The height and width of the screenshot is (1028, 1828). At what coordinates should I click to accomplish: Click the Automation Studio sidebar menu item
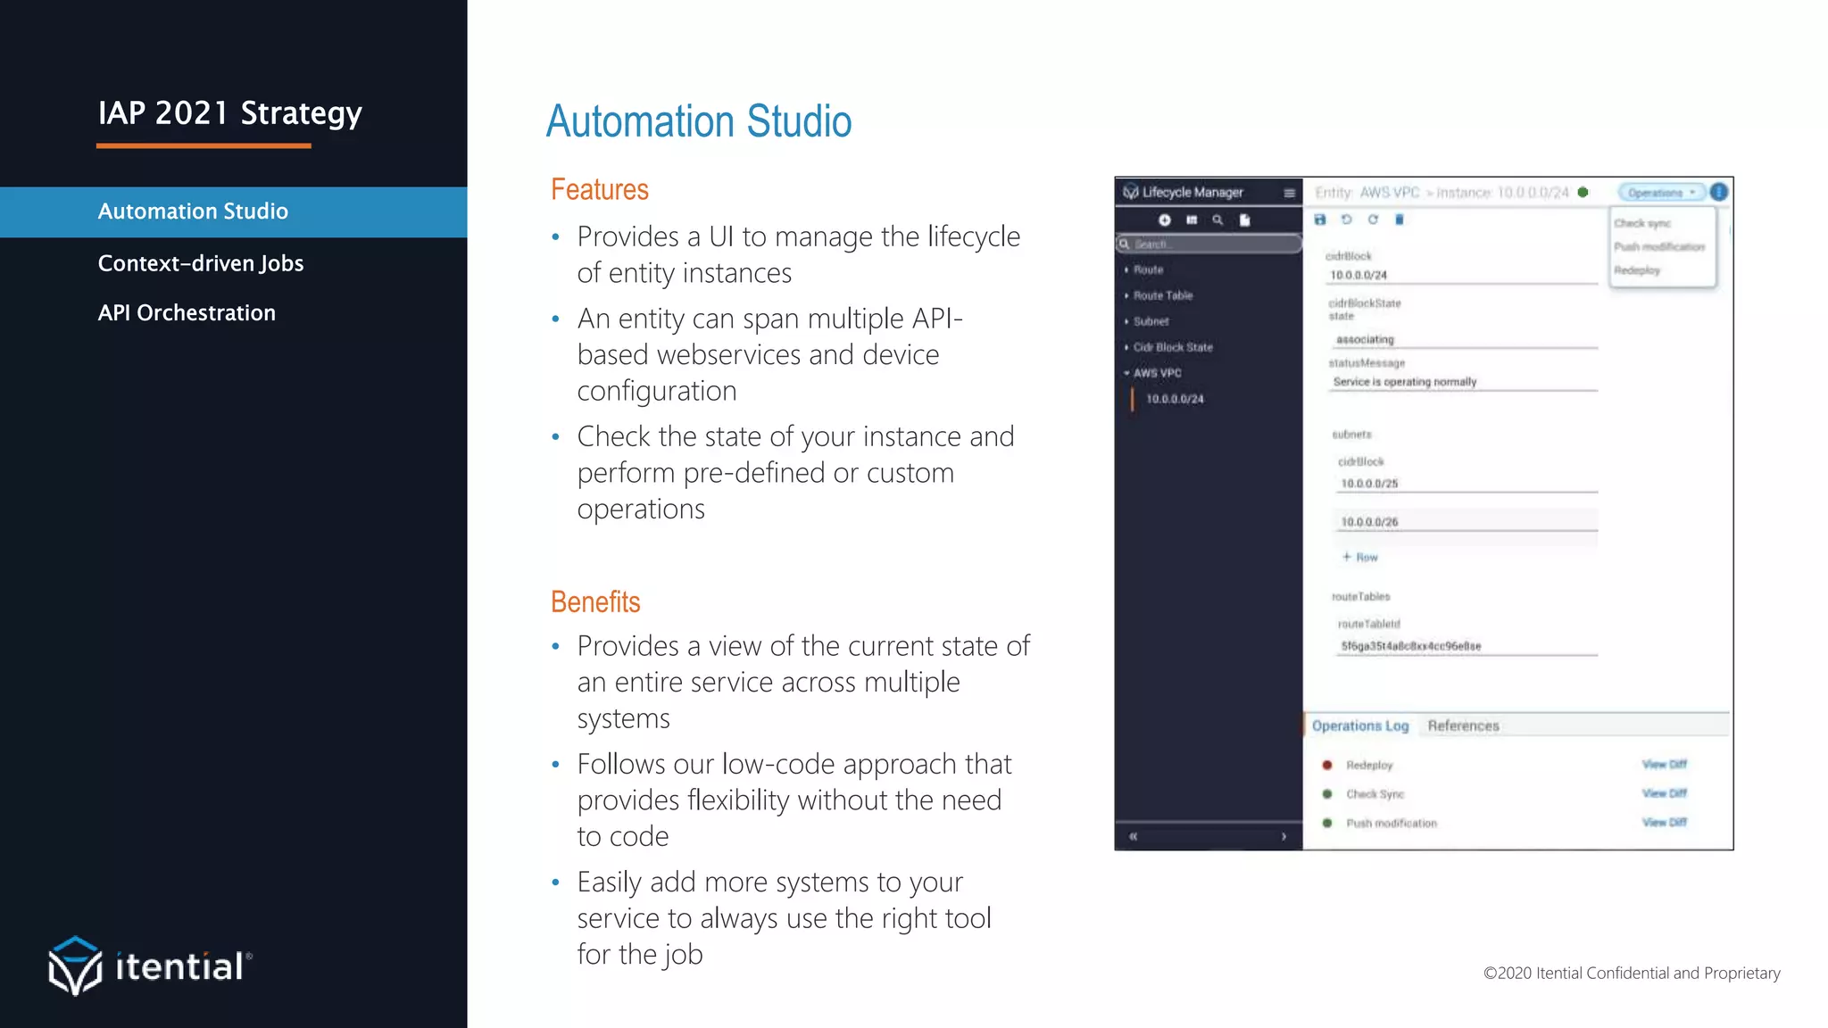[x=193, y=211]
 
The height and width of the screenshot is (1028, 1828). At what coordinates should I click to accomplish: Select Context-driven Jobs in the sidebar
[x=201, y=263]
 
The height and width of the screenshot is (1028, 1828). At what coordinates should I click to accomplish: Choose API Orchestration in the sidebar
[x=187, y=313]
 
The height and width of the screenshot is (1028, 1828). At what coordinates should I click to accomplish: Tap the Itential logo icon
[x=75, y=966]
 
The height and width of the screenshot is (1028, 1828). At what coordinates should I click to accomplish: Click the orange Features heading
[x=599, y=190]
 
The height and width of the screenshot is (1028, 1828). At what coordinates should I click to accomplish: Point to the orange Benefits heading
[x=595, y=602]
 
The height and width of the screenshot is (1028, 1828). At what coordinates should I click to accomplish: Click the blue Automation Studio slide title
[x=699, y=121]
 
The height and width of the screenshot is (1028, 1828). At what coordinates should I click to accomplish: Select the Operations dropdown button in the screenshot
[x=1660, y=193]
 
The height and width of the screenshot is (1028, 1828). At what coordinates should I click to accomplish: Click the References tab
[x=1463, y=725]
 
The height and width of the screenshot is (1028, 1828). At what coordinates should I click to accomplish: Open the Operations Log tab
[x=1359, y=725]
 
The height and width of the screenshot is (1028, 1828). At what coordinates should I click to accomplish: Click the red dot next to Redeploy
[x=1327, y=765]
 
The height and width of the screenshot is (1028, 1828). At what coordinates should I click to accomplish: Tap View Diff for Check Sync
[x=1664, y=793]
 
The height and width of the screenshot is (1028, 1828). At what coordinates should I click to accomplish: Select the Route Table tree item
[x=1162, y=295]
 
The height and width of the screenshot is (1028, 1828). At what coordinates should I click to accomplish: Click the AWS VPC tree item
[x=1157, y=373]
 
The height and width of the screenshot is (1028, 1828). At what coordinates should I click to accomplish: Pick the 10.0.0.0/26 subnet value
[x=1369, y=522]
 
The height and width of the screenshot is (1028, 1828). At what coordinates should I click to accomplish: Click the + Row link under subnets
[x=1360, y=557]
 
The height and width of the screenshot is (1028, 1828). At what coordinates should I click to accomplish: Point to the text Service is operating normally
[x=1404, y=382]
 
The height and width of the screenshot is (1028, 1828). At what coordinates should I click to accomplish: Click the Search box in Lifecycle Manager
[x=1209, y=244]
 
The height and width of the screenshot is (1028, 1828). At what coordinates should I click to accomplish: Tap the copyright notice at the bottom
[x=1631, y=973]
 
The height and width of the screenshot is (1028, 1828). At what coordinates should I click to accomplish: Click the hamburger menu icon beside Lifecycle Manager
[x=1289, y=193]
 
